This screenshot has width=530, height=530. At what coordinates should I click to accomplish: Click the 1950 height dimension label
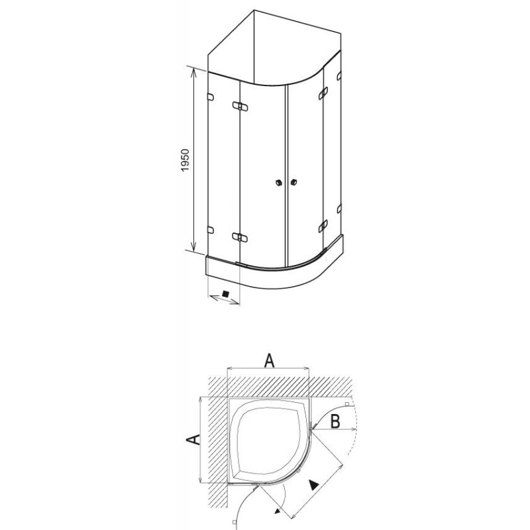[185, 160]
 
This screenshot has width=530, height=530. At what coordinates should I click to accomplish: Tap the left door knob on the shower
[278, 183]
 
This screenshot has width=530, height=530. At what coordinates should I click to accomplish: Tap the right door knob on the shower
[293, 183]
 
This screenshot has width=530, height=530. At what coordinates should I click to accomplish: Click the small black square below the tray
[226, 293]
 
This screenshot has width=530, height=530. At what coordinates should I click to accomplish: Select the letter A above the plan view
[269, 360]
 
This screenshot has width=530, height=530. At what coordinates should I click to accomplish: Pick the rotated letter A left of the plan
[193, 440]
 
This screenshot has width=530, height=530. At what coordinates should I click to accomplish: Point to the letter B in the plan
[335, 421]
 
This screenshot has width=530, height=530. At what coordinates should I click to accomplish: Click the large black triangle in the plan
[314, 485]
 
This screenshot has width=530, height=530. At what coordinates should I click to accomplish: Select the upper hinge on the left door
[240, 107]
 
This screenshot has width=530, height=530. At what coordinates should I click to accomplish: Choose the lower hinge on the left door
[240, 237]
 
